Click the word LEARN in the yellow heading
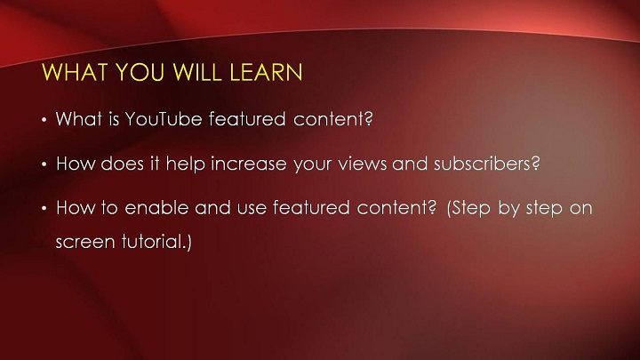pos(266,72)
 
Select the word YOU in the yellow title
pos(140,72)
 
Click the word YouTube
pos(164,119)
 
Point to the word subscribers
pos(482,164)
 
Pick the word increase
pos(249,164)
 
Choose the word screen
pos(85,242)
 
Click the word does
pos(123,164)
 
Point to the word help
pos(185,164)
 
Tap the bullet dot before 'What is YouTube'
pos(44,120)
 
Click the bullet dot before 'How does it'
pos(44,164)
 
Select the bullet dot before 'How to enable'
pos(44,209)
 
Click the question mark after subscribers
pos(535,163)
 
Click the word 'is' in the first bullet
pos(114,119)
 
